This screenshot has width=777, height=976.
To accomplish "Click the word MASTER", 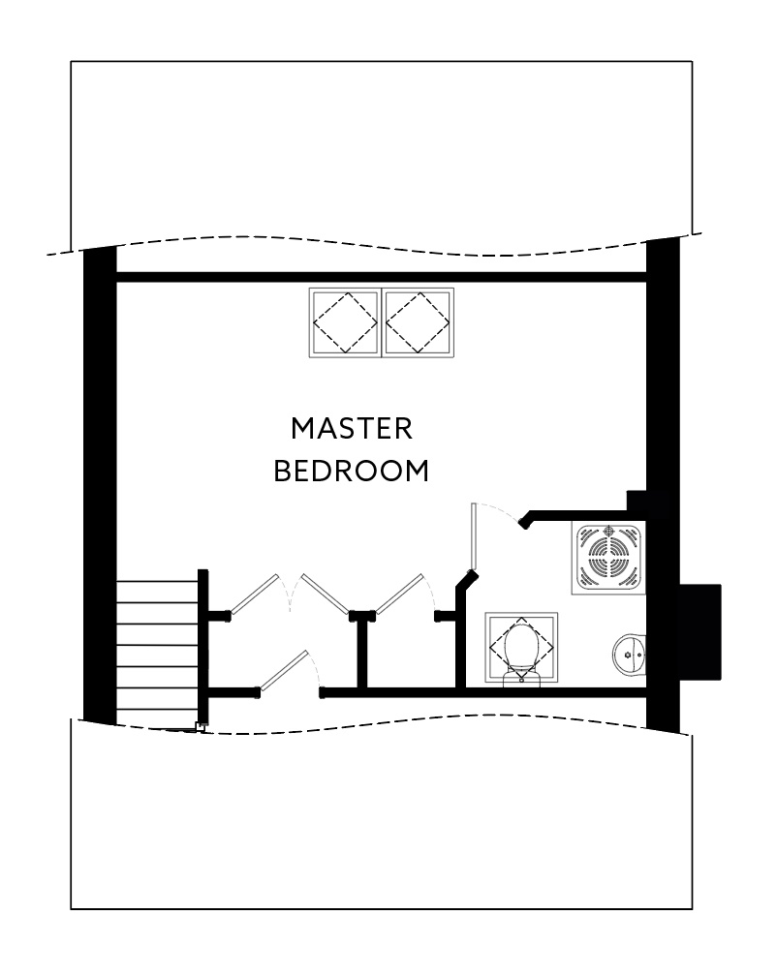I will pos(352,428).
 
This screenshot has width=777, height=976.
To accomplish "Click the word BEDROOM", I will pos(351,472).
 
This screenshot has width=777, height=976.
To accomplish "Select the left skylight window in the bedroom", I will pos(345,323).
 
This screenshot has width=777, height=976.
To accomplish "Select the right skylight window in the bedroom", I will pos(419,323).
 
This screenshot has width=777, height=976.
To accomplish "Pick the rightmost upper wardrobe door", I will pos(400,594).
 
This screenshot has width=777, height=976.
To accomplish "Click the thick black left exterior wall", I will pos(99,484).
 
